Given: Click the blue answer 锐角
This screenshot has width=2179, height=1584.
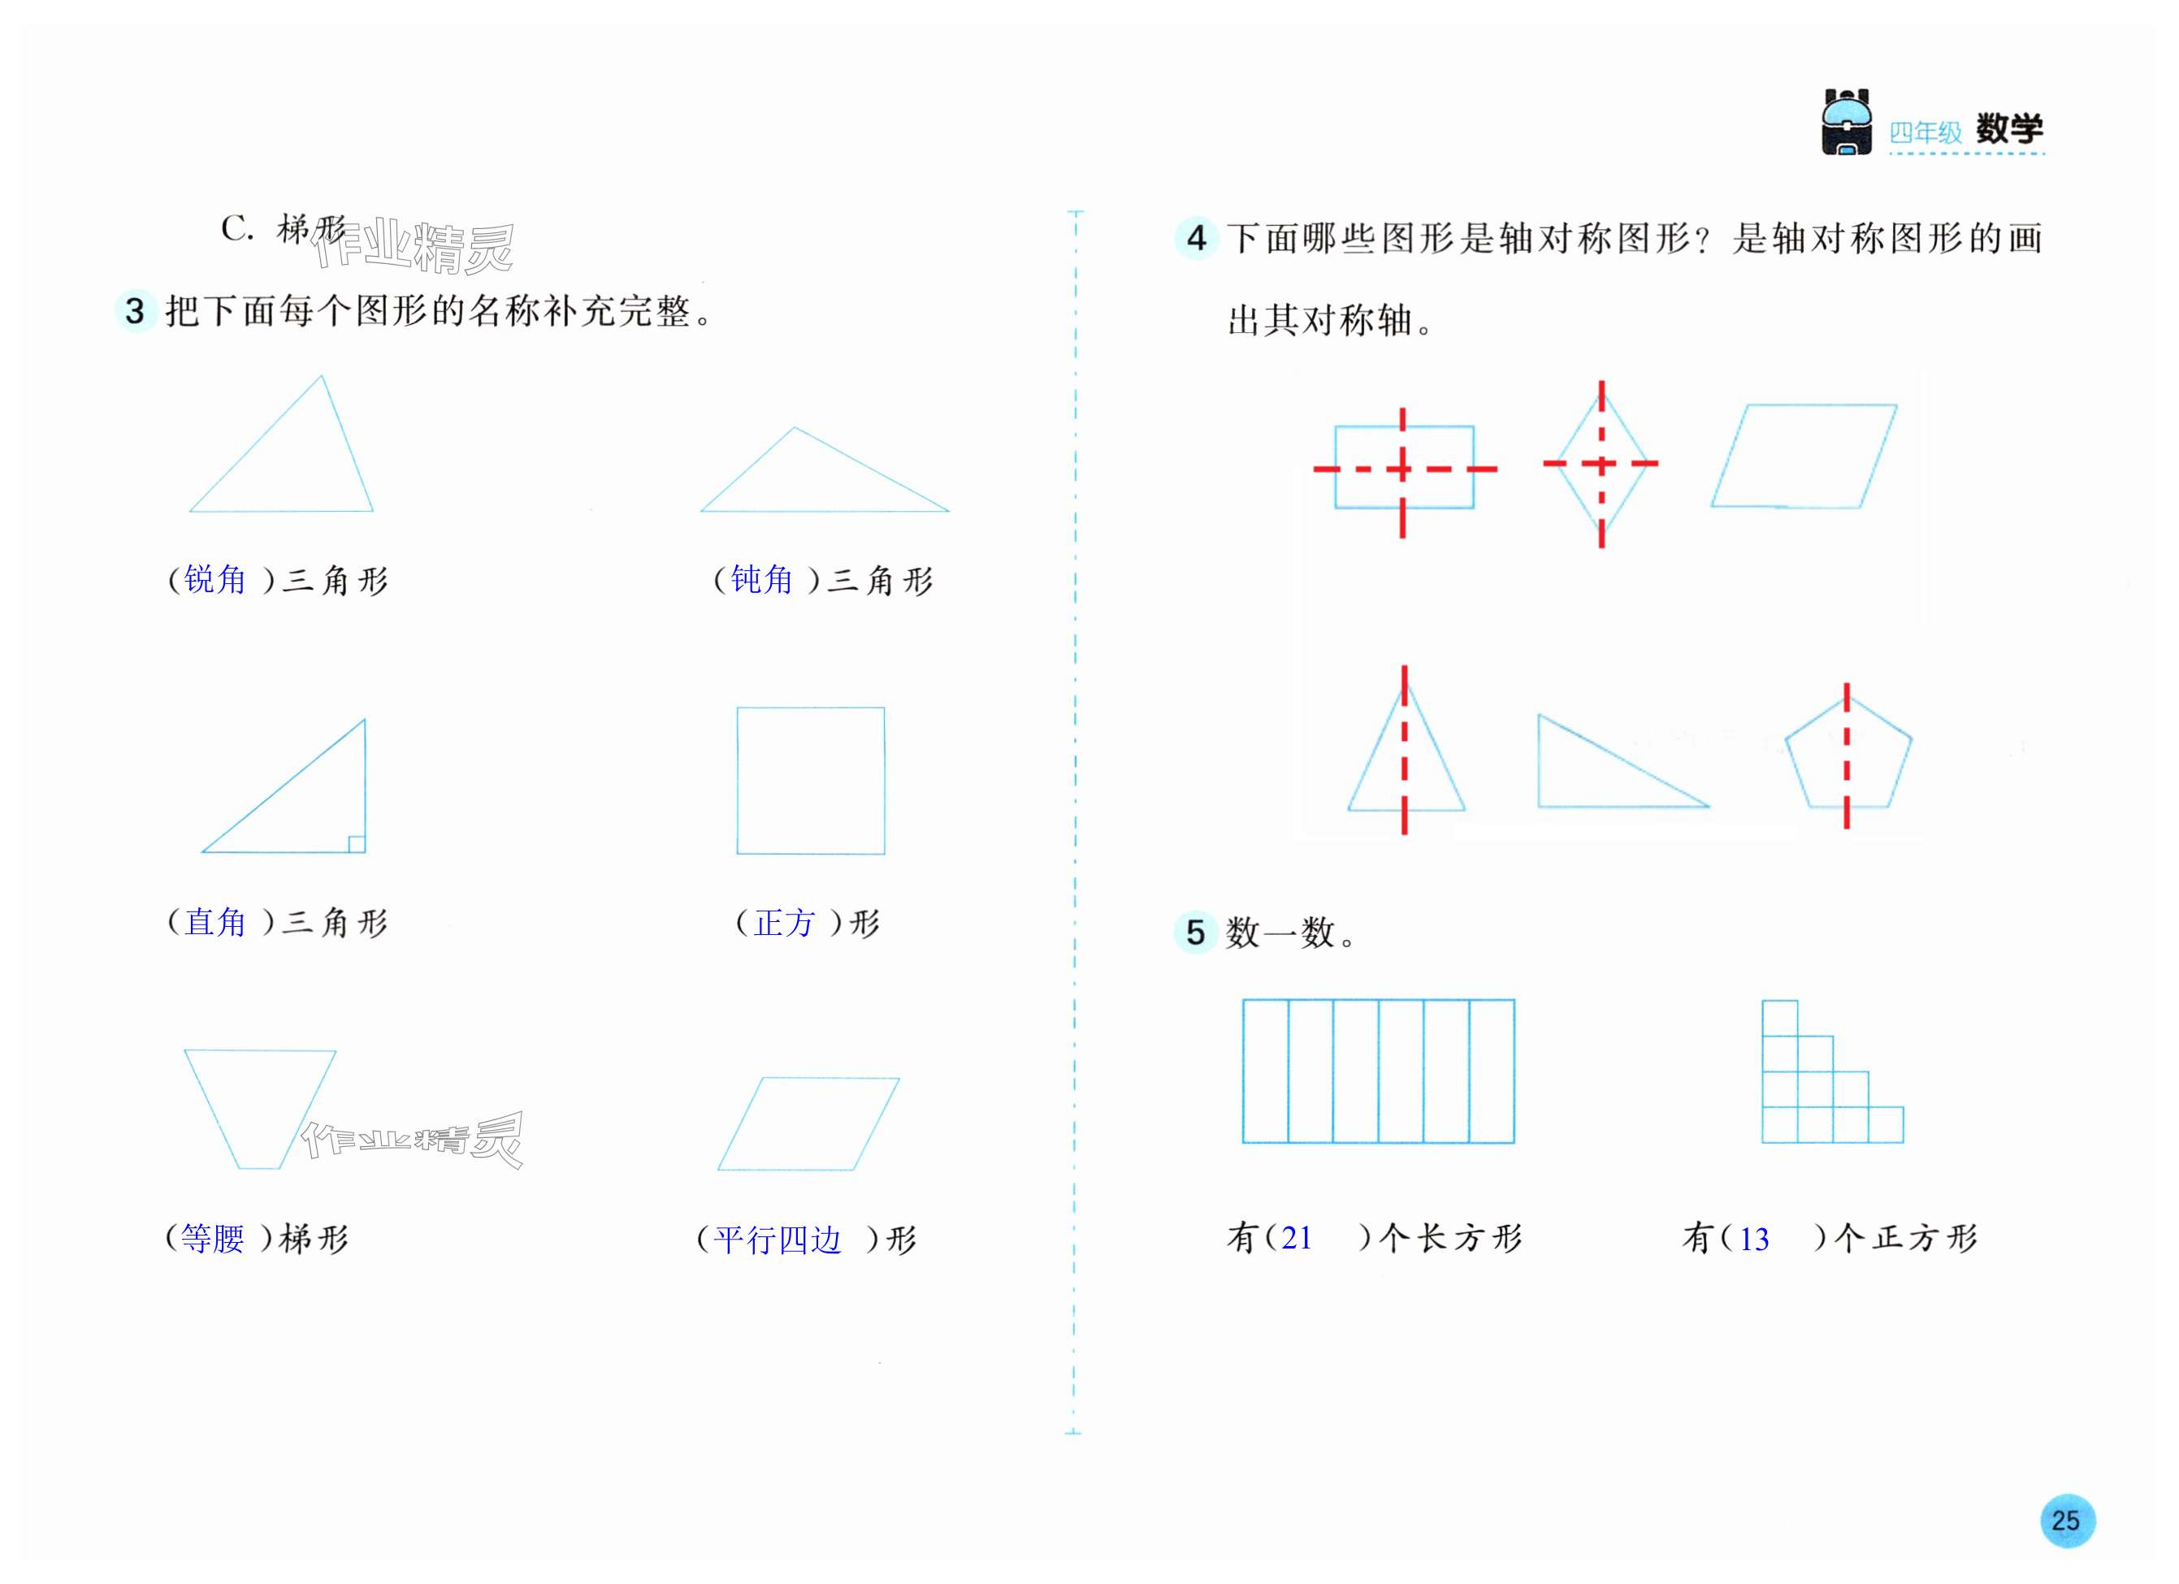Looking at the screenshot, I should coord(215,579).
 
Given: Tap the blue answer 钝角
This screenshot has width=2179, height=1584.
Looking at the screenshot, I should coord(761,579).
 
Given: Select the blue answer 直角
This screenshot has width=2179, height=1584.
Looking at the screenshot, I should coord(215,922).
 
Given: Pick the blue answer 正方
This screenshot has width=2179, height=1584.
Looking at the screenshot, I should coord(784,923).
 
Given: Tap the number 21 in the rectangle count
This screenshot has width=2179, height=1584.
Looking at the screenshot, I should coord(1296,1238).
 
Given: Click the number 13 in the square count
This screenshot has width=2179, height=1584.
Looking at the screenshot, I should coord(1753,1239).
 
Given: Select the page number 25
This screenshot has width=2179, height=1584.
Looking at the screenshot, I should coord(2067,1521).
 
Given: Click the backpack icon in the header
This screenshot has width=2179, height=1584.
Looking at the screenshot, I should coord(1846,122).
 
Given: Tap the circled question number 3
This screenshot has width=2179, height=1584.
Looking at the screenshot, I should coord(136,310).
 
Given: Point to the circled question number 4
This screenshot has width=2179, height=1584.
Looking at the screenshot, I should coord(1196,238).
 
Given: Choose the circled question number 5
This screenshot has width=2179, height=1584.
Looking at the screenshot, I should coord(1195,932).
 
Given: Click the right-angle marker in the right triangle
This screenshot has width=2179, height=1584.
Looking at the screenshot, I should coord(357,843).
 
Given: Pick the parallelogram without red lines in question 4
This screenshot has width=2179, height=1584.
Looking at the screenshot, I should coord(1804,456).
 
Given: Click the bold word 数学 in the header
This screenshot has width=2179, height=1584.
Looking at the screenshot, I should coord(2008,128).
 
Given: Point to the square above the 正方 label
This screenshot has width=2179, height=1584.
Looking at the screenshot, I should coord(810,780).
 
